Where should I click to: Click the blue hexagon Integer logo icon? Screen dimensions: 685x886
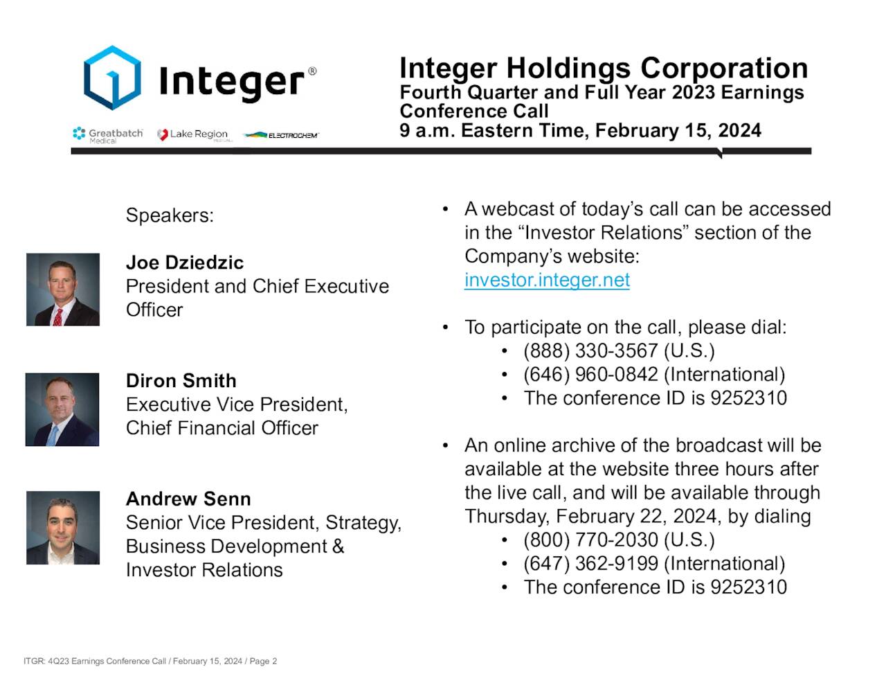point(112,78)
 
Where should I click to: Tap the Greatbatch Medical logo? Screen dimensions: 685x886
point(108,134)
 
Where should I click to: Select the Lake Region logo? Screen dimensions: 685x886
point(193,134)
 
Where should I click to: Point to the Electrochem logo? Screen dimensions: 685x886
point(281,135)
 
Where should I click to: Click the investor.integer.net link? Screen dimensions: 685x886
point(547,280)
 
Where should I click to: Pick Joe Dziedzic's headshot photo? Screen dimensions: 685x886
point(63,290)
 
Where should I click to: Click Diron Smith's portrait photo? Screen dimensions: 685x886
point(62,409)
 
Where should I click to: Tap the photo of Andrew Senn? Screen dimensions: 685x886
point(63,528)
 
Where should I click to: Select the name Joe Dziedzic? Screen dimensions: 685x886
point(185,263)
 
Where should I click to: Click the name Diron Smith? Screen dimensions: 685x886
point(181,381)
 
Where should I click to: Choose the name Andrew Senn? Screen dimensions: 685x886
point(188,499)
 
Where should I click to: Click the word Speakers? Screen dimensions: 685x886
point(170,215)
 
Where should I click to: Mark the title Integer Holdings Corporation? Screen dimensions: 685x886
point(604,68)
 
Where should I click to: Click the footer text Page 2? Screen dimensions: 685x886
point(263,661)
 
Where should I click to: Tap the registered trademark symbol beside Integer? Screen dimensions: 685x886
point(312,71)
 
